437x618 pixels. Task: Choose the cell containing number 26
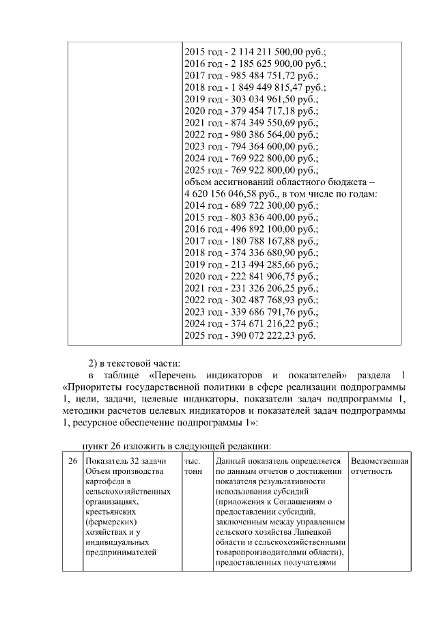coord(72,462)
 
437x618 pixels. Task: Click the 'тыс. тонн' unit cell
coord(193,466)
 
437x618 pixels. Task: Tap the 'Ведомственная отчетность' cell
coord(379,466)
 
